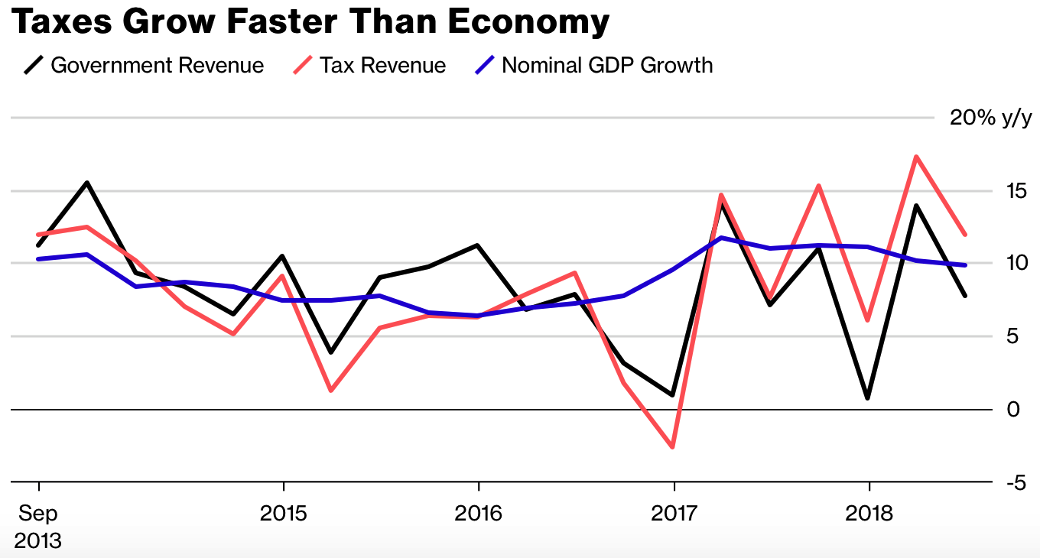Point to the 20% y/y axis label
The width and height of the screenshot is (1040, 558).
990,118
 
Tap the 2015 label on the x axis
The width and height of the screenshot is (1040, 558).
284,512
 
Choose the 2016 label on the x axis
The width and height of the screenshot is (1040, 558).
479,512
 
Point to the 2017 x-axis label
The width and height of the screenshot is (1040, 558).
674,512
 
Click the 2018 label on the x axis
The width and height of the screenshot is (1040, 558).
869,512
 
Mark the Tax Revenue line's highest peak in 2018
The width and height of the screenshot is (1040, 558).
916,157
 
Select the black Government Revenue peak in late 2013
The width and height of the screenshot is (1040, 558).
87,183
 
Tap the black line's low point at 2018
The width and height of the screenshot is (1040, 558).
868,398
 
